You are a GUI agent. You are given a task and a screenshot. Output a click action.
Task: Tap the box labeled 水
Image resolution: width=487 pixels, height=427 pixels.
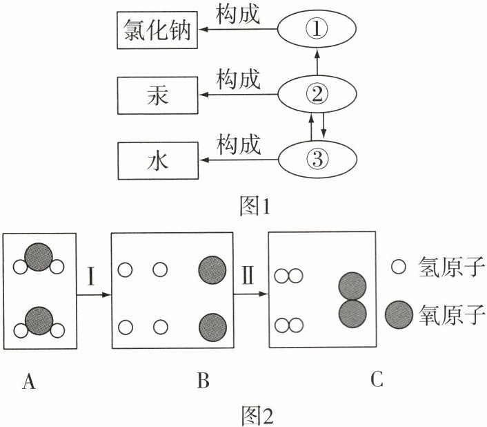pyautogui.click(x=158, y=161)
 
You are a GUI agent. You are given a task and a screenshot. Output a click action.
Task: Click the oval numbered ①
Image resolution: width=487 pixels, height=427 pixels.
pyautogui.click(x=317, y=28)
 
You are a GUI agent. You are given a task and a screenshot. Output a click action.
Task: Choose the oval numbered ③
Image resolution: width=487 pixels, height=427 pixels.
pyautogui.click(x=317, y=160)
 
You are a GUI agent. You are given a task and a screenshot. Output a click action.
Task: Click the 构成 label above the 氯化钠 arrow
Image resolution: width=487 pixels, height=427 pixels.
pyautogui.click(x=238, y=14)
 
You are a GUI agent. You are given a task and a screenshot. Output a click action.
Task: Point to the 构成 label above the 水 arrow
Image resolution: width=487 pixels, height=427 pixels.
pyautogui.click(x=238, y=145)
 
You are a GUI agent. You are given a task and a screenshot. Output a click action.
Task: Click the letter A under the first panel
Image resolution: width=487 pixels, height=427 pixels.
pyautogui.click(x=29, y=381)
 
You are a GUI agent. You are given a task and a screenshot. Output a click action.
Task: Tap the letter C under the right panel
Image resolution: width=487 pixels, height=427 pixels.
pyautogui.click(x=377, y=381)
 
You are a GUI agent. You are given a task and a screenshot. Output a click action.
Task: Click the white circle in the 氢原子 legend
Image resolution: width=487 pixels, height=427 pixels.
pyautogui.click(x=399, y=266)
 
